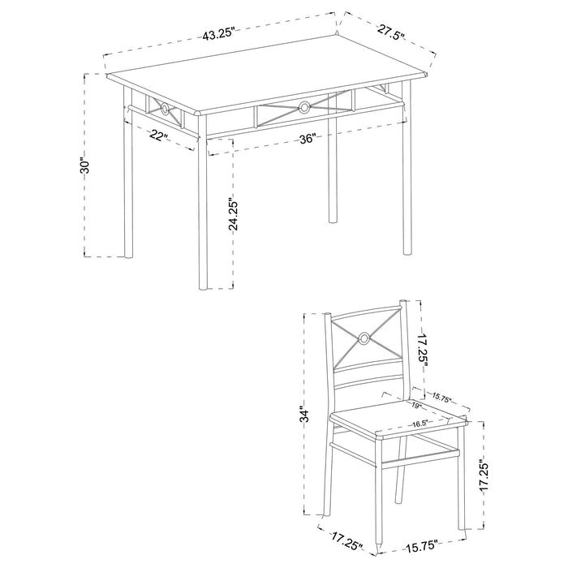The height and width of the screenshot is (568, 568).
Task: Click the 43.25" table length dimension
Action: pos(218,35)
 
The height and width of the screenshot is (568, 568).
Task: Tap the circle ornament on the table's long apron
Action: pos(304,105)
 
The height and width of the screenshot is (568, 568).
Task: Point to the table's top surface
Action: pos(268,77)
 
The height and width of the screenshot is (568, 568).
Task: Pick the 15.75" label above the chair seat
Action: pos(442,398)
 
